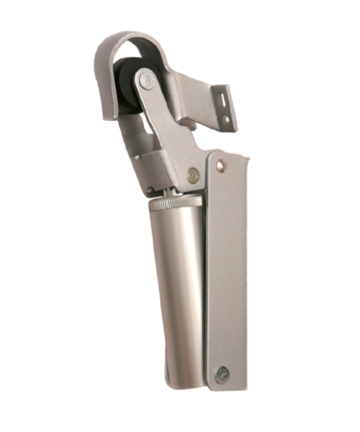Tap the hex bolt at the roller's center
click(145, 81)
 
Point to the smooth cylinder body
click(174, 288)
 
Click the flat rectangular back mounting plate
click(227, 269)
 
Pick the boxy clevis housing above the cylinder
click(168, 163)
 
